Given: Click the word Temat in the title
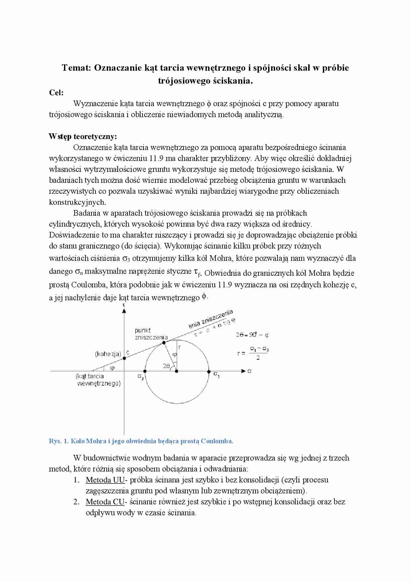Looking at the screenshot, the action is pyautogui.click(x=76, y=68).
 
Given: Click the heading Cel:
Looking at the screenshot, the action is pyautogui.click(x=56, y=93).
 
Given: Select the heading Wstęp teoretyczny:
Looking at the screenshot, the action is pyautogui.click(x=83, y=137).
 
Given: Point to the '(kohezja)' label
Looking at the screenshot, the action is pyautogui.click(x=108, y=354).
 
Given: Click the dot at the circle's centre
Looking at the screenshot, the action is pyautogui.click(x=176, y=371).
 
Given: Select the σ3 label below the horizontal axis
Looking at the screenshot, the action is pyautogui.click(x=141, y=377).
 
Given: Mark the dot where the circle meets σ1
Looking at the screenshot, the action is pyautogui.click(x=209, y=371).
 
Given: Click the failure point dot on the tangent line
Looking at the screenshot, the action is pyautogui.click(x=164, y=342).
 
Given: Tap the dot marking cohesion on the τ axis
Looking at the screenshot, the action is pyautogui.click(x=124, y=358).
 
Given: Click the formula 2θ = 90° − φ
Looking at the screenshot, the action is pyautogui.click(x=252, y=335).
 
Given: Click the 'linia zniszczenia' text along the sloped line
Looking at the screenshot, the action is pyautogui.click(x=211, y=319).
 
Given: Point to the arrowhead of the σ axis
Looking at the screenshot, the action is pyautogui.click(x=244, y=371).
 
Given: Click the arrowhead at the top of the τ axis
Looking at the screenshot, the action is pyautogui.click(x=124, y=311).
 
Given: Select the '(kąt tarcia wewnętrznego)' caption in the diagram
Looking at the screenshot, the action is pyautogui.click(x=98, y=380).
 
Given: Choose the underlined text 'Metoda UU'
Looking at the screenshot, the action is pyautogui.click(x=105, y=480).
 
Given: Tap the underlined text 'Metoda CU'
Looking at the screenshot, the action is pyautogui.click(x=105, y=502).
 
